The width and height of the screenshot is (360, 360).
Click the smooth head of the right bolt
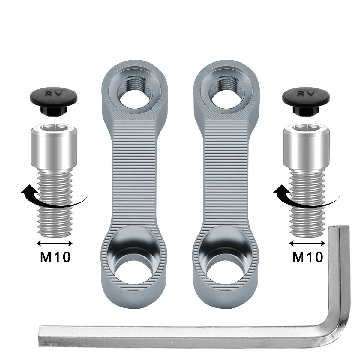tap(306, 146)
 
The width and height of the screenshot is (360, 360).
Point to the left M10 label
tap(55, 257)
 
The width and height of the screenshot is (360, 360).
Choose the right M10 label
tap(308, 257)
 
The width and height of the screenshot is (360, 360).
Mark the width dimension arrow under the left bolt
tap(55, 243)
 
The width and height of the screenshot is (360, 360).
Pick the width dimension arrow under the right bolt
tap(307, 243)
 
